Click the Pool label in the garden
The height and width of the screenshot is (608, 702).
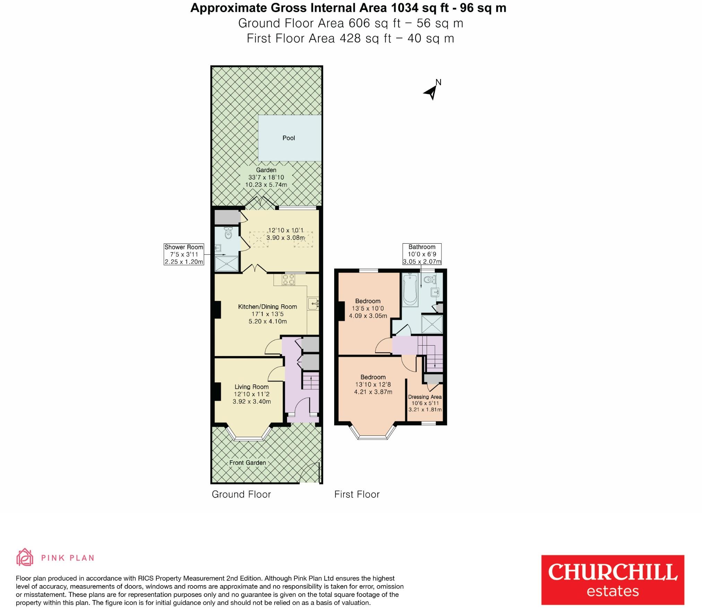coord(288,138)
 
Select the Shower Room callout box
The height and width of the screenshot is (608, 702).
coord(184,254)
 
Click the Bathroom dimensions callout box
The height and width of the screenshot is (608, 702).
coord(422,254)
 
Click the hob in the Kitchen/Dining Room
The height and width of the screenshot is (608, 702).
coord(288,280)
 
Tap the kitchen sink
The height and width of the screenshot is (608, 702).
coord(313,303)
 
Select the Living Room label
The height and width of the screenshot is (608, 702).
coord(251,387)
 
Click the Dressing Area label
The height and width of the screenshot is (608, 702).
coord(425,397)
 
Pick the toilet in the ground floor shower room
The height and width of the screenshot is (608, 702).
coord(228,233)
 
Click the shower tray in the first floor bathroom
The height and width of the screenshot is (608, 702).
coord(432,324)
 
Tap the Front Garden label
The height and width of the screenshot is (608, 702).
coord(248,463)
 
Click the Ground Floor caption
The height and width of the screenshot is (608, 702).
coord(241,494)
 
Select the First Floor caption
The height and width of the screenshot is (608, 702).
coord(357,494)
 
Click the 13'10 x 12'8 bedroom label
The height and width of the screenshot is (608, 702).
coord(373,384)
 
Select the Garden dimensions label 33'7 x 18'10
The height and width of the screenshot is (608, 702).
coord(266,177)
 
